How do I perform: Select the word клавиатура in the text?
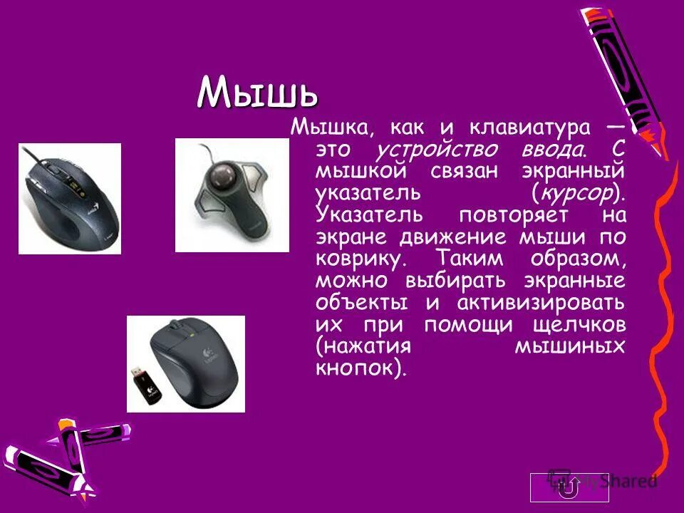coord(529,129)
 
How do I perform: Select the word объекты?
coord(362,302)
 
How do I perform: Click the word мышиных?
coord(569,346)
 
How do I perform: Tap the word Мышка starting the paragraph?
coord(326,129)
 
